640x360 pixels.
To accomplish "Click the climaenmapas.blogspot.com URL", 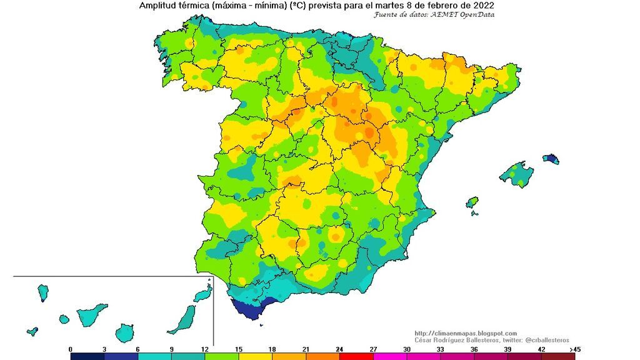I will [466, 333].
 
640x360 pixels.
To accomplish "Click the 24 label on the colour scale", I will [339, 349].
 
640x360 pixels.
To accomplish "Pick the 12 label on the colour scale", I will [205, 349].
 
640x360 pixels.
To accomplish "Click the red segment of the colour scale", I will [356, 356].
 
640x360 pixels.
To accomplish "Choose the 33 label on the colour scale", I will [441, 349].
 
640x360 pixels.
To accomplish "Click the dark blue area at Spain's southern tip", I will [246, 309].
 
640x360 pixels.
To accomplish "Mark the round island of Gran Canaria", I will [125, 332].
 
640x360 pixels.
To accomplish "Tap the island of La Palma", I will [43, 292].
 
